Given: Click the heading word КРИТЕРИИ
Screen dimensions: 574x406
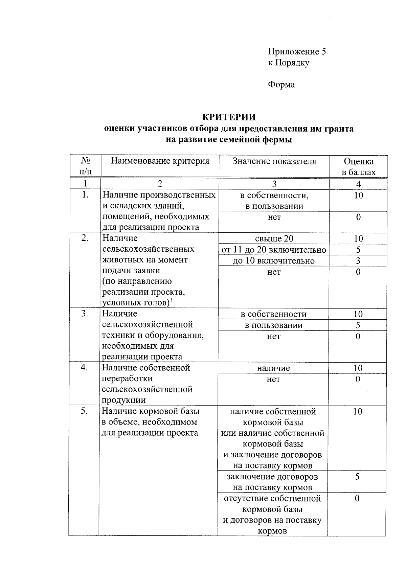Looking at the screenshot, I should [x=229, y=117].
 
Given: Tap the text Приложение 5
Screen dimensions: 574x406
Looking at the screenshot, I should [x=297, y=52].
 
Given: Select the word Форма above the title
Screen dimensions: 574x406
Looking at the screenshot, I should [x=281, y=85].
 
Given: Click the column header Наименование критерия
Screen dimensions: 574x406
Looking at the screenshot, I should [x=160, y=161].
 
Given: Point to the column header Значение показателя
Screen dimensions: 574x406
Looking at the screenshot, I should [x=274, y=161].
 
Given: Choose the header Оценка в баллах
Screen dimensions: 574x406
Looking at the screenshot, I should [x=358, y=167].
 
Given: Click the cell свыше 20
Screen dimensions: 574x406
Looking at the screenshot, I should [x=274, y=239].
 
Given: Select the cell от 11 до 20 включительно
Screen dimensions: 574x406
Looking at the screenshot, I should [x=274, y=250].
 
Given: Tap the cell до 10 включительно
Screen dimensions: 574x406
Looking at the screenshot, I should [x=274, y=261].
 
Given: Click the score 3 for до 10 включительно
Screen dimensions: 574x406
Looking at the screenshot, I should [x=358, y=261].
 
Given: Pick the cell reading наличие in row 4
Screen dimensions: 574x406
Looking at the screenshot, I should [x=273, y=368].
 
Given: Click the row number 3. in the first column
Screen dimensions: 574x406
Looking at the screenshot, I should [x=85, y=314].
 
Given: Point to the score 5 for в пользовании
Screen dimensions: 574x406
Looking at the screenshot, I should [x=358, y=325].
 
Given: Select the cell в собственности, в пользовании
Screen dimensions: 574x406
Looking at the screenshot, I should [x=274, y=201].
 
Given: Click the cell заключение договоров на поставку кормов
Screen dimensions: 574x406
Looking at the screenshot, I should [x=272, y=482].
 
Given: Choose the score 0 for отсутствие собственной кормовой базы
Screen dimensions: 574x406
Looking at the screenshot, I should [x=357, y=498].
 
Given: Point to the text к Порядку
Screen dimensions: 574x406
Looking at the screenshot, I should [x=289, y=63].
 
